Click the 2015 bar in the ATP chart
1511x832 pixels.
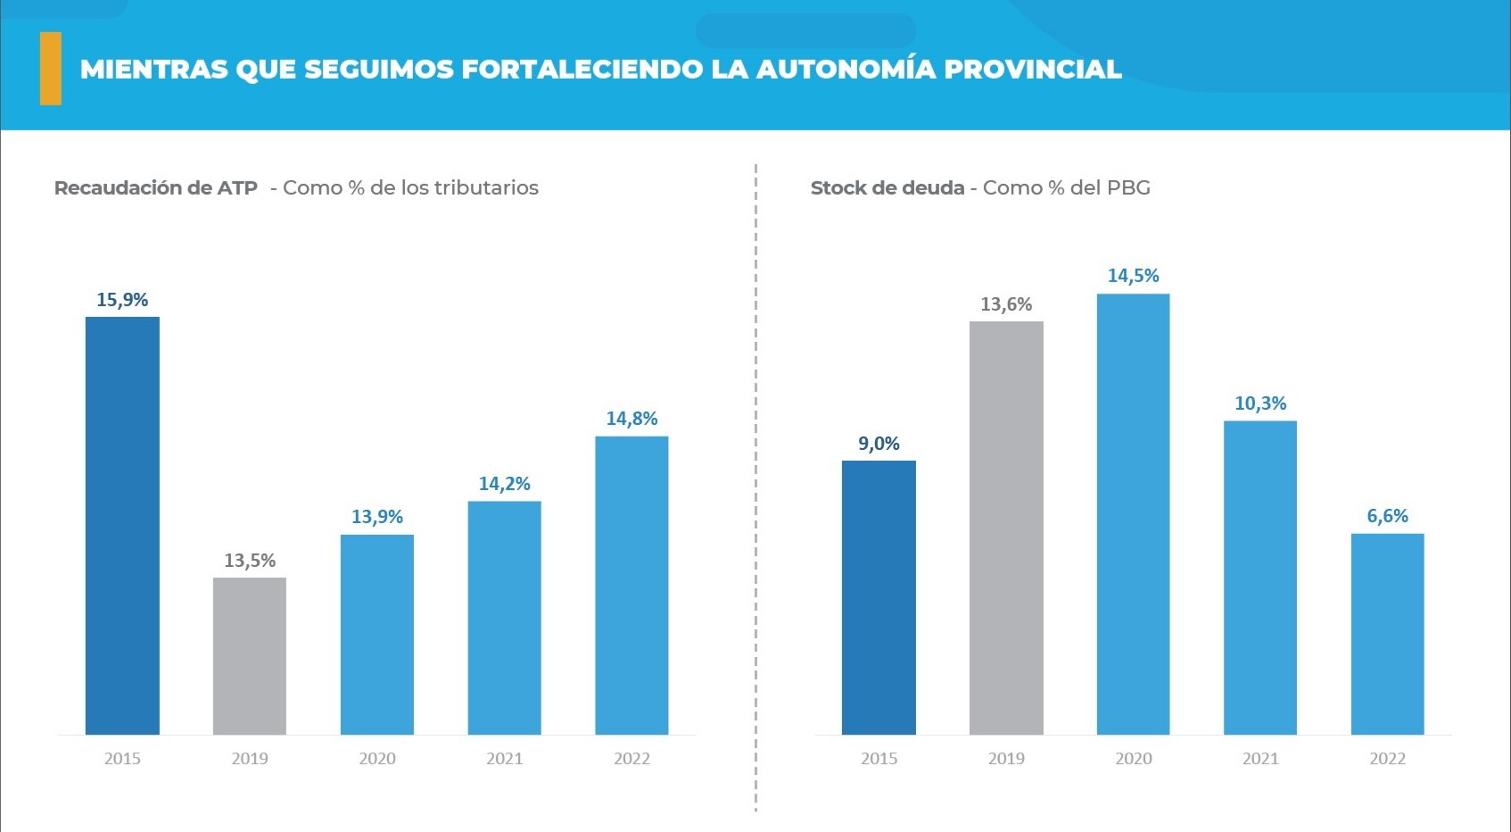(122, 526)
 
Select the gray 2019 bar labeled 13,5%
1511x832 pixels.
(250, 656)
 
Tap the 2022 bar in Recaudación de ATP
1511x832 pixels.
(632, 586)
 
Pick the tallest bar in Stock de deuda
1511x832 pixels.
(1133, 514)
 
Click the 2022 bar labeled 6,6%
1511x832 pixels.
(1387, 634)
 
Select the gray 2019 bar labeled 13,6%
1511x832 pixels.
(1006, 528)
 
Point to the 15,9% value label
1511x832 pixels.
(122, 300)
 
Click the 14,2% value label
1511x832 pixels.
(505, 484)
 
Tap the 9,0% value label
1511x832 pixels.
(879, 444)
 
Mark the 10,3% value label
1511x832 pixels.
(1260, 404)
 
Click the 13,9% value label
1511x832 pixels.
(377, 517)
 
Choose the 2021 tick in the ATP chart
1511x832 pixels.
(505, 759)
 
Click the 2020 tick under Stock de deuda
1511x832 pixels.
(1133, 759)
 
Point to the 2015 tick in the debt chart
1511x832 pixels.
(879, 759)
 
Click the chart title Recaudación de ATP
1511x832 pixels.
(156, 188)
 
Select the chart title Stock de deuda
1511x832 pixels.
(888, 188)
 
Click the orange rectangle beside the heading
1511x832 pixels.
(51, 69)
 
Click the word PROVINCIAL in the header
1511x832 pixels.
(1032, 69)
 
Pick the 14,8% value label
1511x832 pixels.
(632, 419)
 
